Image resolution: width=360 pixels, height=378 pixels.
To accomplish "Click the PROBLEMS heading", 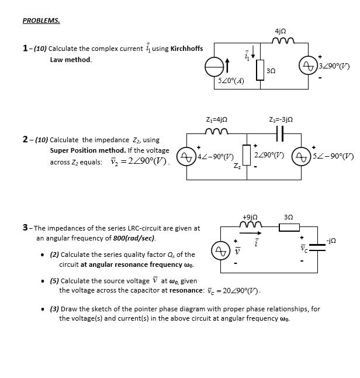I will pos(41,20).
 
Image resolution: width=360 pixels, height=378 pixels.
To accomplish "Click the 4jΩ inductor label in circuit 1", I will pos(280,30).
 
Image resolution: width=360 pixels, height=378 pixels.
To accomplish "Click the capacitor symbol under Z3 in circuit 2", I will pos(279,134).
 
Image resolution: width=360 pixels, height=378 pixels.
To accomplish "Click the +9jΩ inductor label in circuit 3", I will pos(250,217).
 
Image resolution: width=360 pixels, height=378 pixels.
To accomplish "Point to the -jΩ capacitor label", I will pos(331,240).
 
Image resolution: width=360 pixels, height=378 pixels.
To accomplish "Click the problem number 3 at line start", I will pos(25,228).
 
